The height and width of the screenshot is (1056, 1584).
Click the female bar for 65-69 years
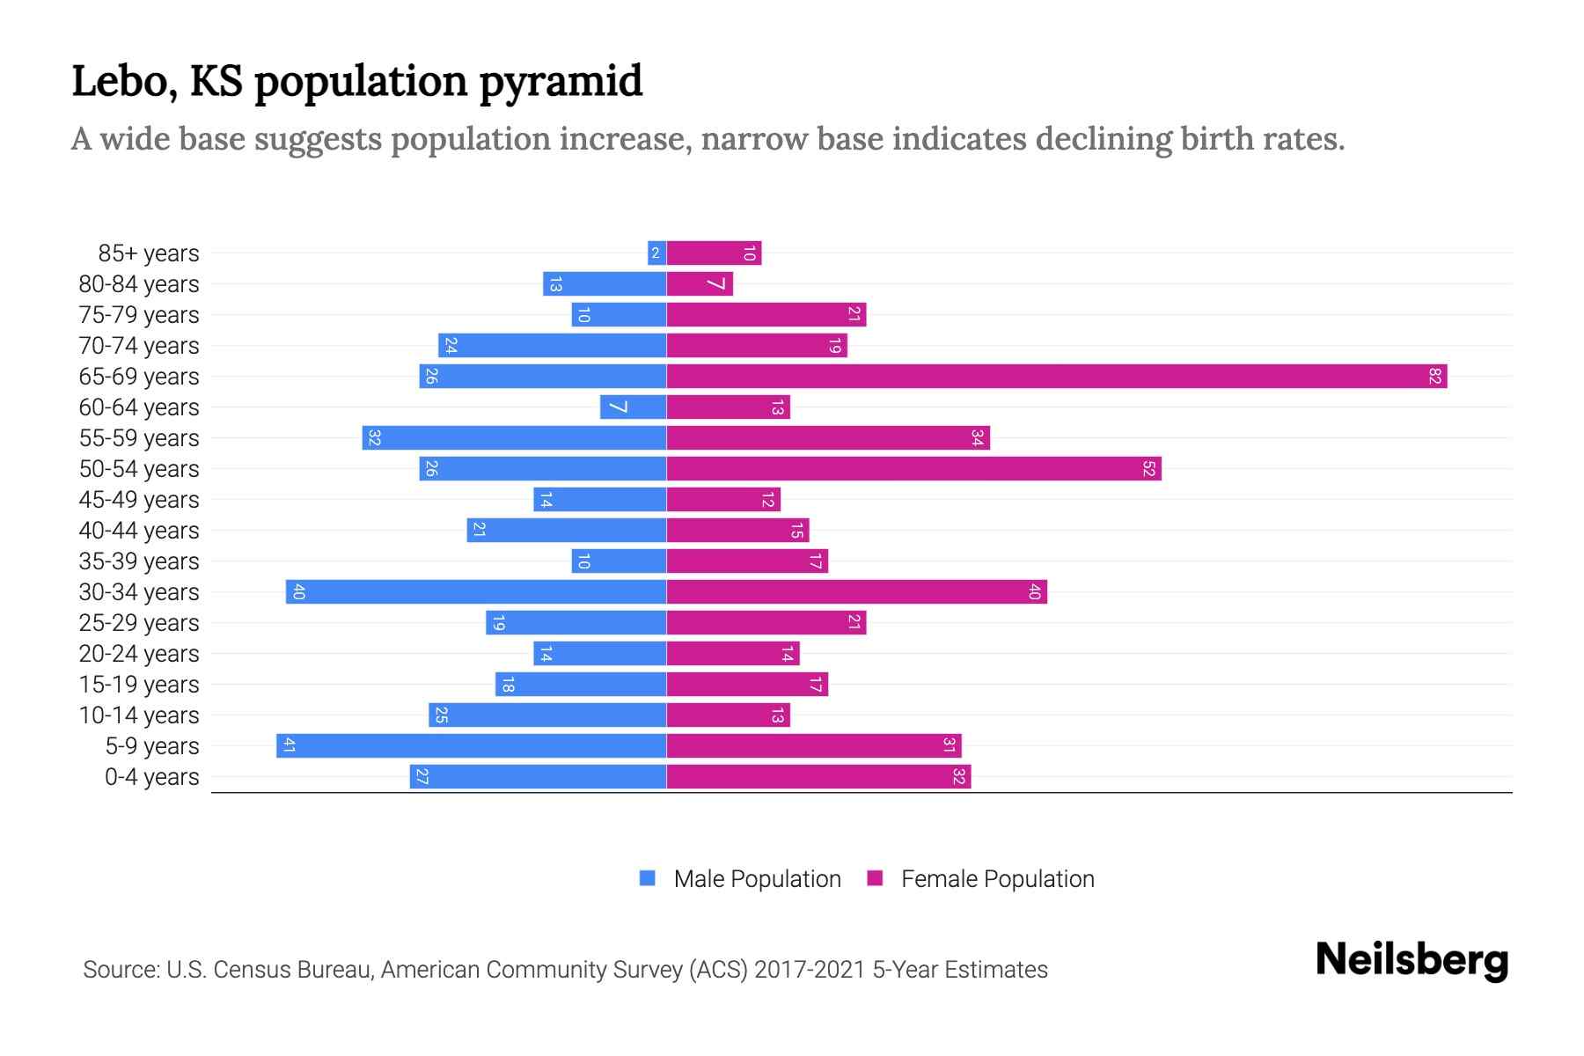(x=1056, y=377)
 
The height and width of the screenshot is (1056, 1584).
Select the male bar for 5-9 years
(x=471, y=746)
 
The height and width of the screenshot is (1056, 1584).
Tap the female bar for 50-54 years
(x=913, y=469)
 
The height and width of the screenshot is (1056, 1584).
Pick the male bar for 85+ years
(x=656, y=253)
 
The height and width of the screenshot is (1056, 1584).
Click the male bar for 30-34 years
(x=475, y=592)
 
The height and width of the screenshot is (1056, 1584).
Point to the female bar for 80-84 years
(x=700, y=284)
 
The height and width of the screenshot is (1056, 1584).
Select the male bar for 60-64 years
(x=633, y=407)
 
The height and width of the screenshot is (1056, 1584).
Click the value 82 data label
(x=1434, y=377)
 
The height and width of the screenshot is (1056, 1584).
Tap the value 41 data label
(x=289, y=746)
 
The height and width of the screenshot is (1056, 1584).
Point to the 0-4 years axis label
(x=151, y=777)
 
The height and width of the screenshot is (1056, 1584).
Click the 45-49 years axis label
(x=139, y=500)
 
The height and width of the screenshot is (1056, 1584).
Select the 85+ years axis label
(x=148, y=253)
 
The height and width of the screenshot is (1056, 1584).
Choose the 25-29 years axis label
(x=139, y=623)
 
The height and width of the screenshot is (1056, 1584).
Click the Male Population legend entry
(x=757, y=879)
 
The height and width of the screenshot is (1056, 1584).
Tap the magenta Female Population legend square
(x=875, y=878)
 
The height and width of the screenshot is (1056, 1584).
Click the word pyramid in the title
(x=561, y=82)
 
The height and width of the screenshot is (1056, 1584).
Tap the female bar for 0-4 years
(x=818, y=777)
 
